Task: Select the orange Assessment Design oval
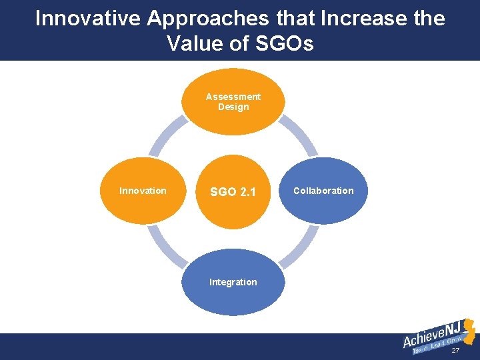tap(233, 101)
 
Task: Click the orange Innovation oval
tap(143, 191)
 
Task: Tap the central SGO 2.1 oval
tap(233, 191)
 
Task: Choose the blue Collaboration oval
tap(324, 191)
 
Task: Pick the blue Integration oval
tap(233, 282)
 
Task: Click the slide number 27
tap(455, 351)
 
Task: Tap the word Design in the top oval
tap(233, 107)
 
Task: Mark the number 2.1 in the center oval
tap(247, 192)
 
